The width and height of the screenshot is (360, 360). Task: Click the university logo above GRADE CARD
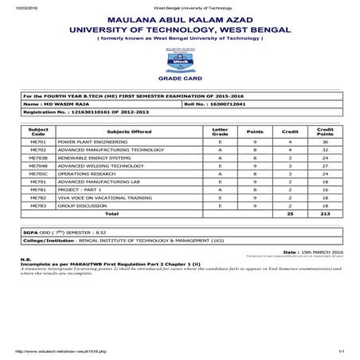click(x=178, y=59)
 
